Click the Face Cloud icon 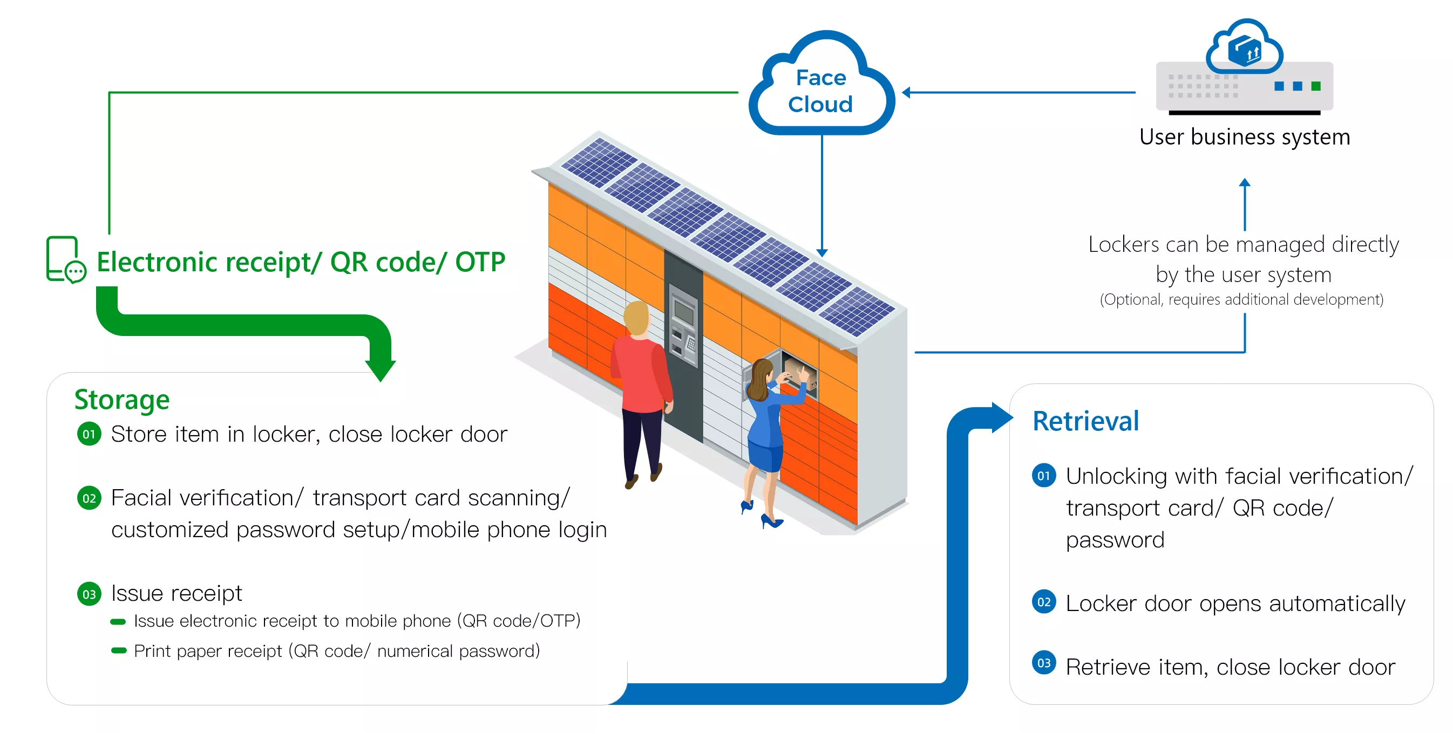[x=821, y=85]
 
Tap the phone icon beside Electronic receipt [x=65, y=259]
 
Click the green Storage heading [x=122, y=400]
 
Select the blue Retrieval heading [x=1085, y=421]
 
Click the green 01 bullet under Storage [x=89, y=434]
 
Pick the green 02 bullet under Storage [x=89, y=498]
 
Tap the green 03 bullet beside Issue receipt [x=89, y=594]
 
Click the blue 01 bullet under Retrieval [x=1043, y=476]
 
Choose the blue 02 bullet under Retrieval [x=1043, y=602]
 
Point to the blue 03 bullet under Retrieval [x=1043, y=663]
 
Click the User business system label [x=1244, y=137]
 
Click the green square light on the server [x=1316, y=86]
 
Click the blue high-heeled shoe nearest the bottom [x=771, y=522]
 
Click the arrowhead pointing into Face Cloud [x=906, y=92]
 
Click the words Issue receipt [x=176, y=594]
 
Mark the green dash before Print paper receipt [x=118, y=650]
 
